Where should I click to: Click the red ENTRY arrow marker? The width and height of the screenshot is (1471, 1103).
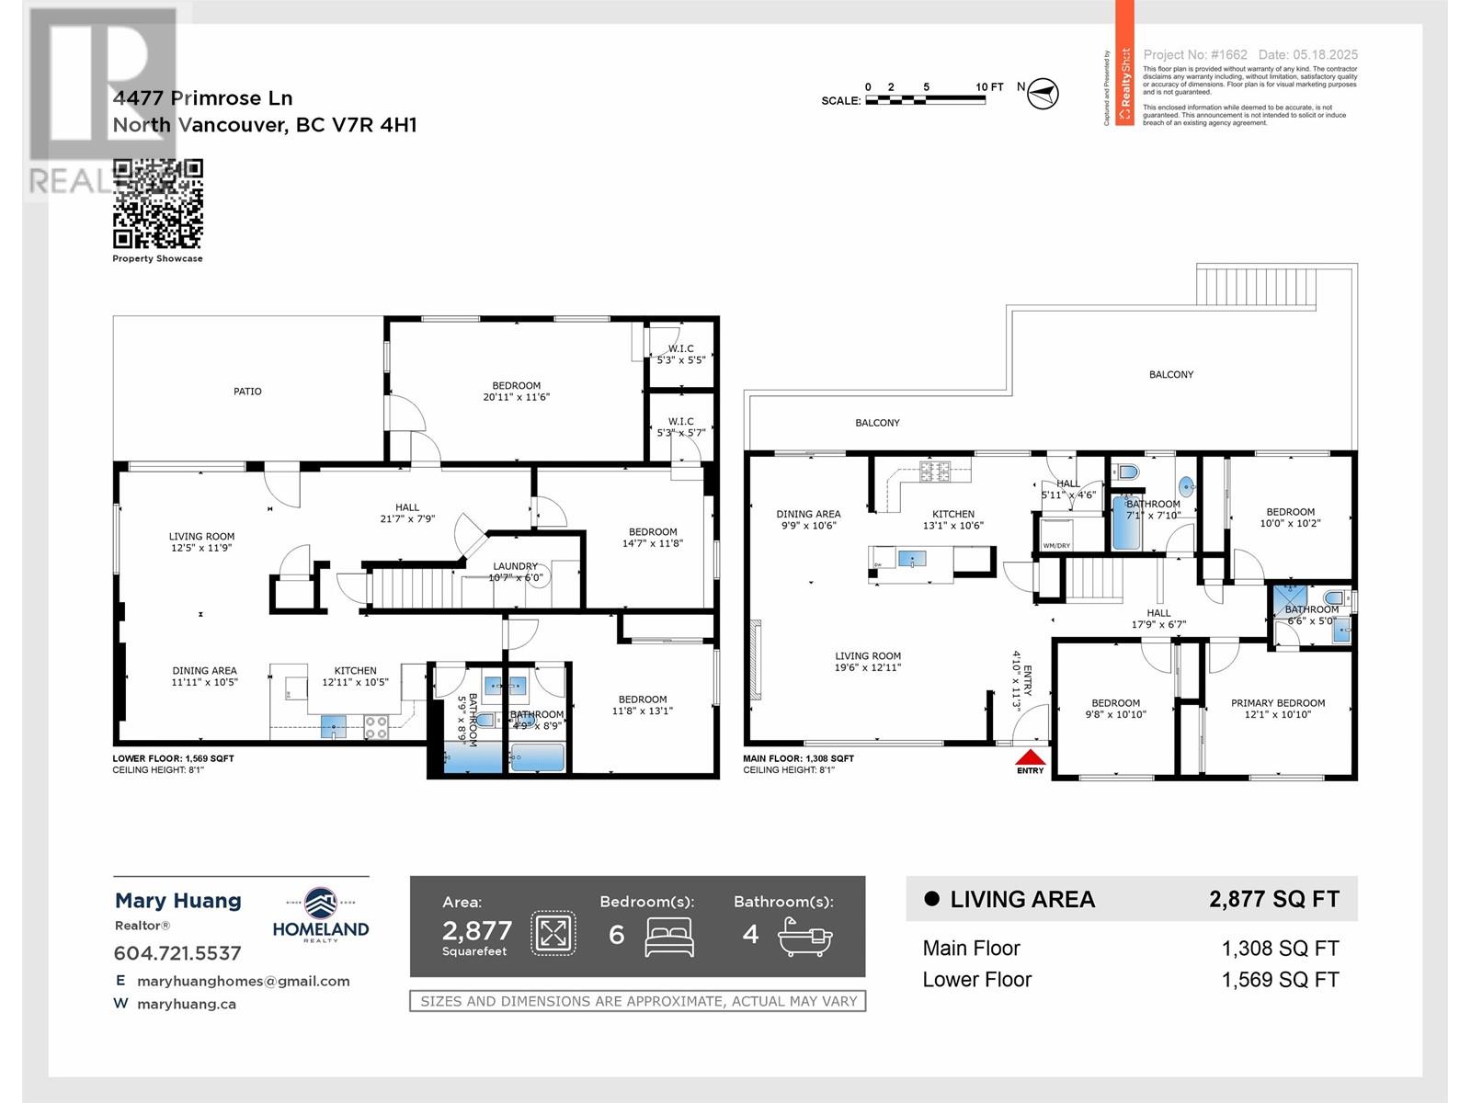click(x=1031, y=758)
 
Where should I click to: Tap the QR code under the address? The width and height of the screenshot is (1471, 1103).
click(x=158, y=203)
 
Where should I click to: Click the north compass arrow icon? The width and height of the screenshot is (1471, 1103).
click(x=1043, y=93)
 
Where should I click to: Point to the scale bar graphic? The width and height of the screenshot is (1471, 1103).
click(x=924, y=99)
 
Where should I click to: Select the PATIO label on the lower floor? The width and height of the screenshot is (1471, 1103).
click(x=247, y=392)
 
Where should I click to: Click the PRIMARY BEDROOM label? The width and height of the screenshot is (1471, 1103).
click(x=1278, y=703)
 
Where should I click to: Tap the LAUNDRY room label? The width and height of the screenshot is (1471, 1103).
click(x=515, y=567)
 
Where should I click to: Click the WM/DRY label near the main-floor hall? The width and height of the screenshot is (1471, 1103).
click(x=1056, y=546)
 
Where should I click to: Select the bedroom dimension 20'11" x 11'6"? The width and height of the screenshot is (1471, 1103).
click(x=516, y=397)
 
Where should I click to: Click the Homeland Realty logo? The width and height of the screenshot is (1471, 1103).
click(x=321, y=915)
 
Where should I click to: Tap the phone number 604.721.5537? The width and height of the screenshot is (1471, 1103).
click(x=177, y=953)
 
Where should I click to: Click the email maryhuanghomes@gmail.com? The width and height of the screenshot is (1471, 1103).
click(x=244, y=981)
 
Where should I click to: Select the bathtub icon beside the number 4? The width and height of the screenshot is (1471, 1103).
click(x=804, y=938)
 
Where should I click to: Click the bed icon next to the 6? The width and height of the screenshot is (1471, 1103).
click(x=669, y=937)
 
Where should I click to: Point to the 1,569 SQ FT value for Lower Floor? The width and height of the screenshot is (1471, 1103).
click(x=1280, y=980)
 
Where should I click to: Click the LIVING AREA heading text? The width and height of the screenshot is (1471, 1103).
click(x=1021, y=900)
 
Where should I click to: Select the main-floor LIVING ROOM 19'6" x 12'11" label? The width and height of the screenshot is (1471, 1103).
click(x=868, y=662)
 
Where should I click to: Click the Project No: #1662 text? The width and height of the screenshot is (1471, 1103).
click(x=1195, y=55)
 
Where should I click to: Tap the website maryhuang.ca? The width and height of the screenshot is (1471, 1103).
click(x=187, y=1004)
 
